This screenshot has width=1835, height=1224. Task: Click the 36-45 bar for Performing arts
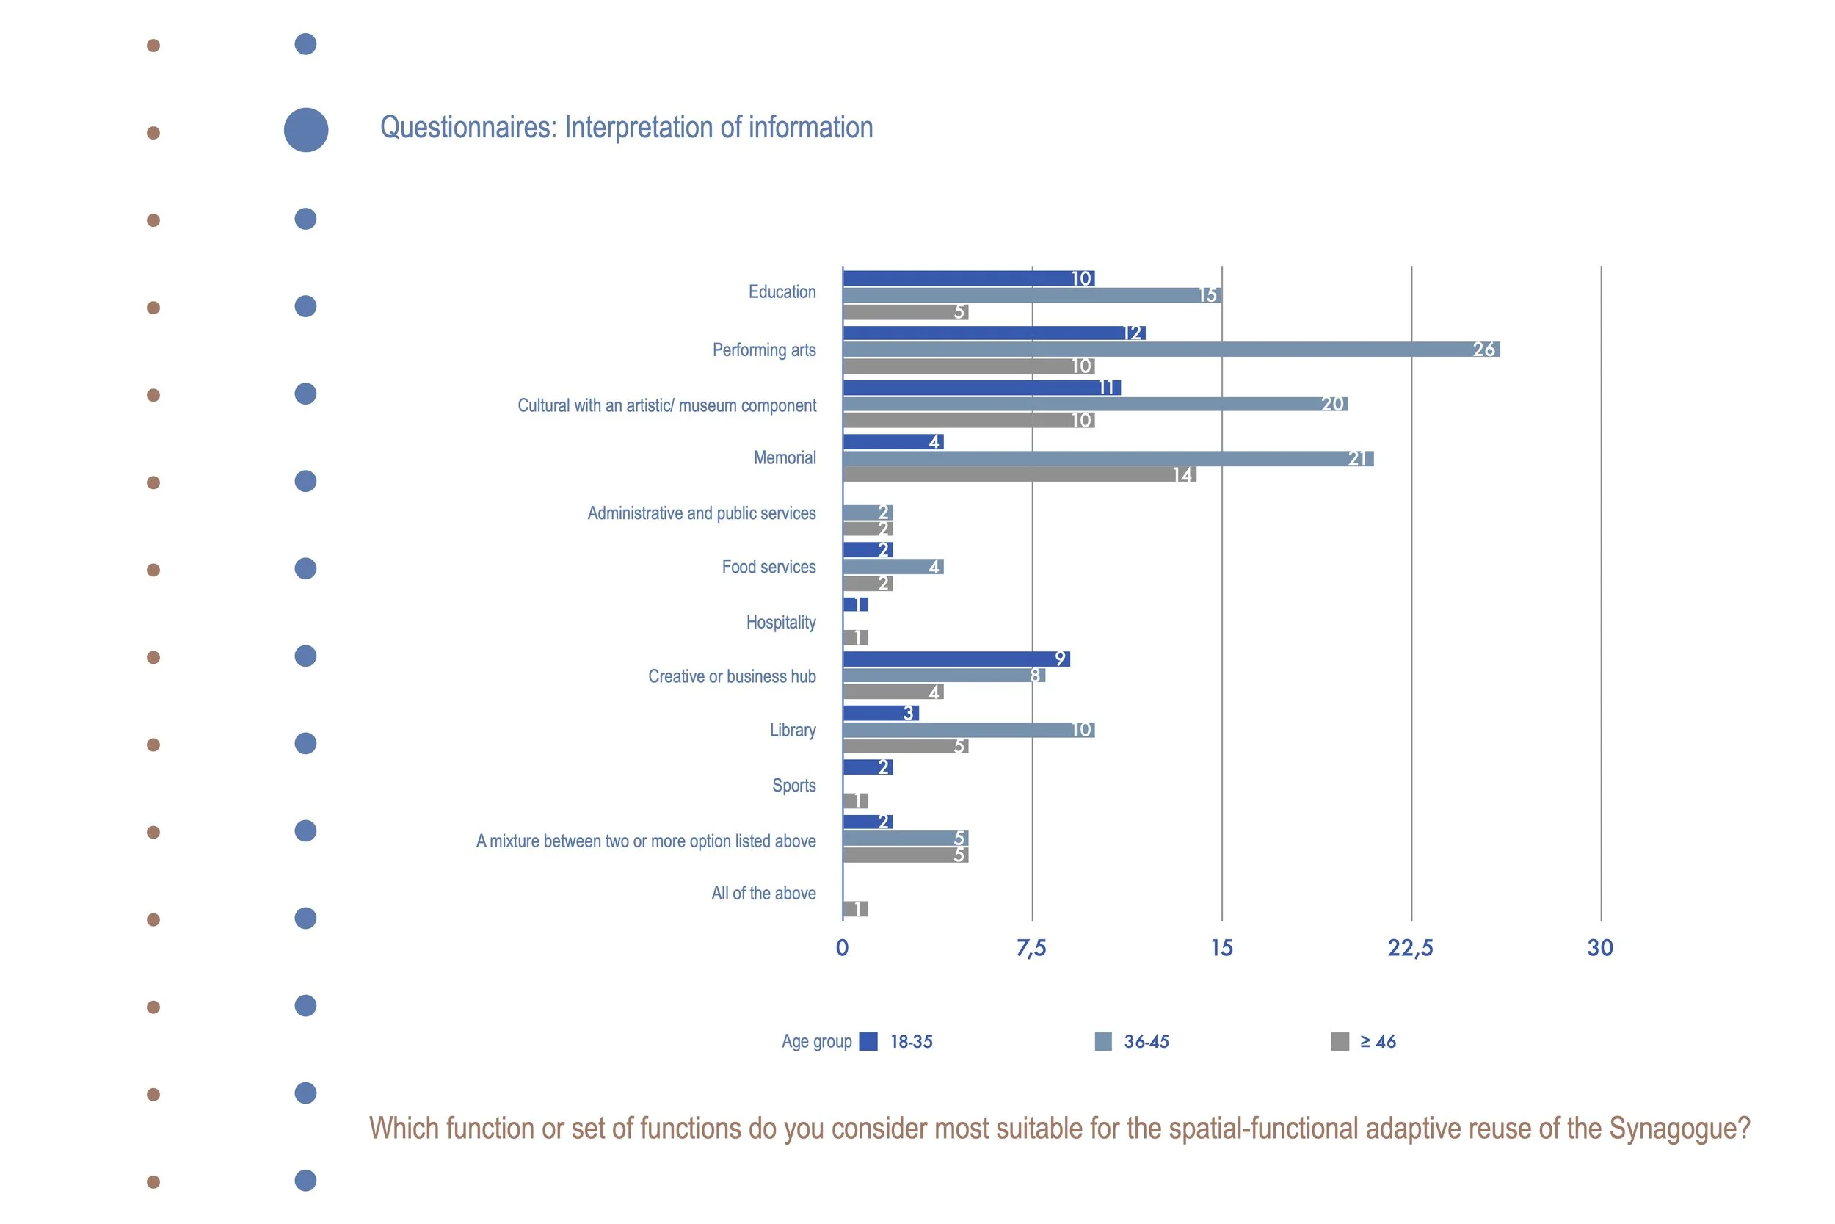(x=1171, y=349)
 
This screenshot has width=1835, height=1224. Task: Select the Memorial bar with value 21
(x=1108, y=458)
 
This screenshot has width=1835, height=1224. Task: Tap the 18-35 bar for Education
(x=969, y=278)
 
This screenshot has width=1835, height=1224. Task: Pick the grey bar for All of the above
(x=856, y=908)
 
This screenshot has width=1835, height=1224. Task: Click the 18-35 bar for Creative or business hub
(x=956, y=659)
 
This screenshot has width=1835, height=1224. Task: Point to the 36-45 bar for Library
(x=969, y=730)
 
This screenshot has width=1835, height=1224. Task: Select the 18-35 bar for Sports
(x=868, y=767)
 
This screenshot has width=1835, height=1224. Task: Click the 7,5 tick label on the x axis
(x=1031, y=948)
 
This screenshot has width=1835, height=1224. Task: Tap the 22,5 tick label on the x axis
(x=1411, y=948)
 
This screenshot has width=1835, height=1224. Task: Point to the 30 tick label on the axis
(x=1600, y=948)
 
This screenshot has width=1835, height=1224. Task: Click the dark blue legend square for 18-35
(x=868, y=1041)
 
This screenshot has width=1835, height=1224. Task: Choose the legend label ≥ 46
(x=1378, y=1041)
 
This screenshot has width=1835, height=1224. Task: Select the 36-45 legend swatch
(x=1103, y=1041)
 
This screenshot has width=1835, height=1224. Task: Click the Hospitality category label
(x=781, y=622)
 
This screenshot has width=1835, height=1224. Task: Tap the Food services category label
(x=768, y=567)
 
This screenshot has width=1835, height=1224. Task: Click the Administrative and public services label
(x=702, y=513)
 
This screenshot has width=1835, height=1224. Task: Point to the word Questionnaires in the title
(x=468, y=127)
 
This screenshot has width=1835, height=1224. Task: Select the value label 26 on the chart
(x=1484, y=350)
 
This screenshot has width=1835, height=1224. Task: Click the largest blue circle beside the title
(x=306, y=129)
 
